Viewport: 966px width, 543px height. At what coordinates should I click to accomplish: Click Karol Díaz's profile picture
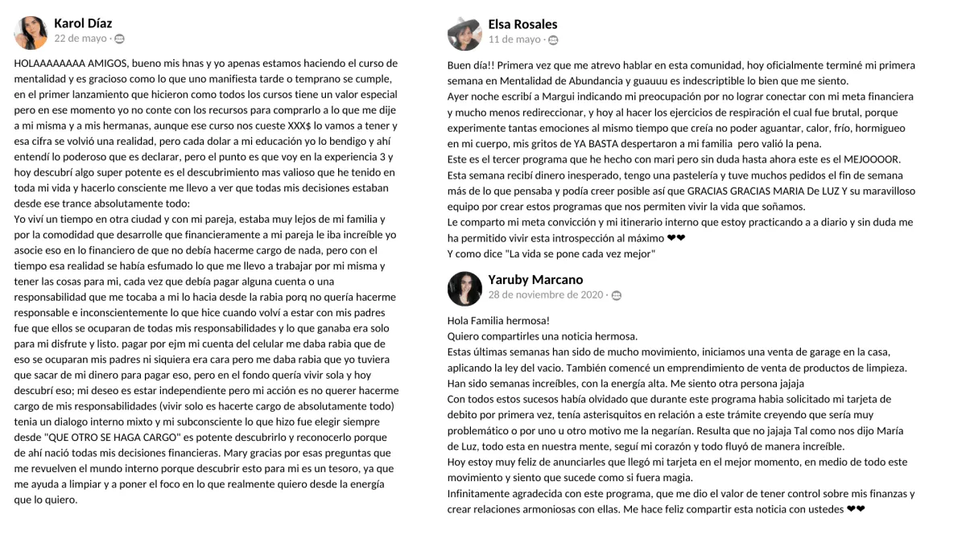pos(31,33)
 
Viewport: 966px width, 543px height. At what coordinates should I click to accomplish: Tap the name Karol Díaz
pos(83,23)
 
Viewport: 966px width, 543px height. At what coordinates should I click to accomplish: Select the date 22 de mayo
pos(80,39)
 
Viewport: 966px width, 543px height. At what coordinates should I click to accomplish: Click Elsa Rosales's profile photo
pos(464,34)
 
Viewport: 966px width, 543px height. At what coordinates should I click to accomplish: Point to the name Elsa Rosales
pos(522,24)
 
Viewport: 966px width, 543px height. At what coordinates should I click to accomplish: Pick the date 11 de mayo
pos(514,39)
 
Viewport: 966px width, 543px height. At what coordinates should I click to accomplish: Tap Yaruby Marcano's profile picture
pos(464,288)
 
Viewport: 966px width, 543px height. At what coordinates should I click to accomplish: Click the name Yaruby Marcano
pos(535,279)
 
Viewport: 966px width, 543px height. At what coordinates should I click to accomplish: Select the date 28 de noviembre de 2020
pos(545,294)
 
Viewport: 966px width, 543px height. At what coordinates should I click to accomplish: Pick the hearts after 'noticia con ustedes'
pos(856,509)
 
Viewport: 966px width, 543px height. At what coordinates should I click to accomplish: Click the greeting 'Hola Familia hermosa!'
pos(498,320)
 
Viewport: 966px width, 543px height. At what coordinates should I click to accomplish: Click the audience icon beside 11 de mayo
pos(553,40)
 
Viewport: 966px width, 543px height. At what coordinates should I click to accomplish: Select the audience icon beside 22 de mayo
pos(119,39)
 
